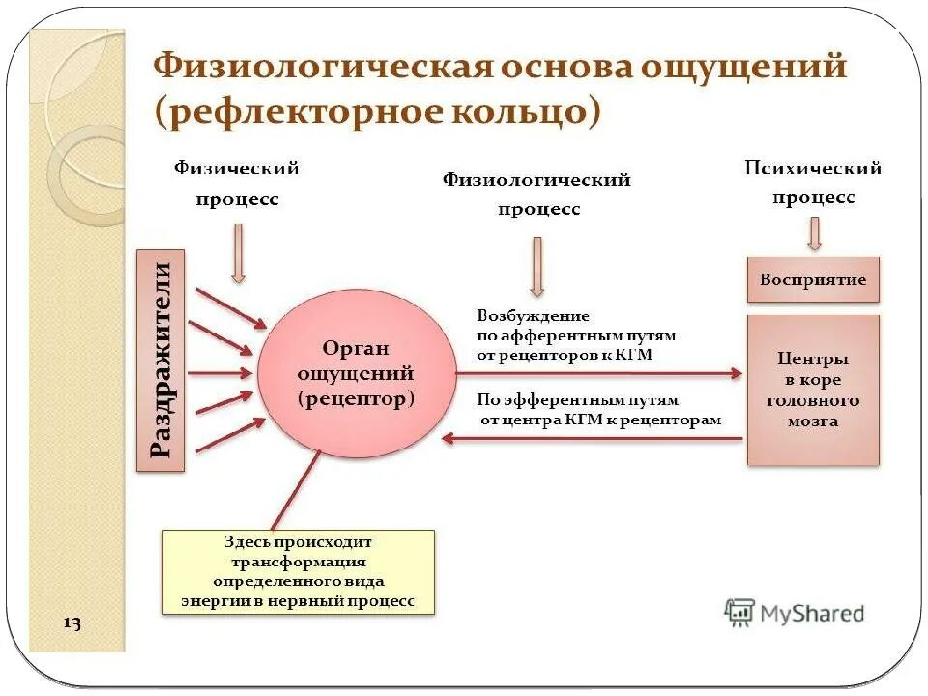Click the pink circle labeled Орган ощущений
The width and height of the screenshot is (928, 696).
tap(356, 374)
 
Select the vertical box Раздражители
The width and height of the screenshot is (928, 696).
tap(160, 361)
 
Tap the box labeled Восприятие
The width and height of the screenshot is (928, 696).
tap(813, 280)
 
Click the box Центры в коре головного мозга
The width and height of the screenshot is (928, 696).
tap(813, 391)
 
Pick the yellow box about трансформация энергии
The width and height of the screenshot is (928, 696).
tap(298, 571)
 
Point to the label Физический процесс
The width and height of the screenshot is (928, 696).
tap(237, 184)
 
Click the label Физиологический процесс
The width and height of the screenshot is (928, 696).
tap(537, 193)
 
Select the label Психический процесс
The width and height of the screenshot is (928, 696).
tap(813, 183)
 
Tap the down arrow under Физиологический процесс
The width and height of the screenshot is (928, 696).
tap(537, 266)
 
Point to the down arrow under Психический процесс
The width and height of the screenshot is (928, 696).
tap(814, 233)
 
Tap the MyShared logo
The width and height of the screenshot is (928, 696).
tap(795, 612)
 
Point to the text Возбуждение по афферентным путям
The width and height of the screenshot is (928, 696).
tap(576, 334)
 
